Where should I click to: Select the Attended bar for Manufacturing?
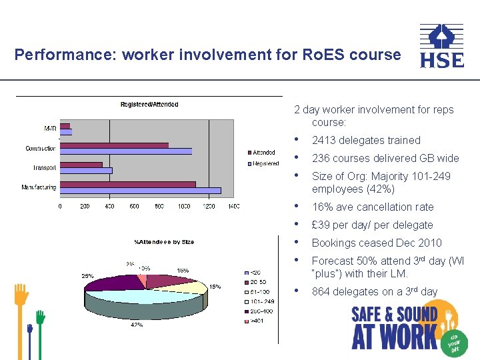coord(127,184)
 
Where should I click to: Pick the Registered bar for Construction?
coord(126,151)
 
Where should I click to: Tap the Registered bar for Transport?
coord(86,171)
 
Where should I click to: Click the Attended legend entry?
coord(263,153)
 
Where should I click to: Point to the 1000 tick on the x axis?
coord(184,207)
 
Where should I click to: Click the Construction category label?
coord(41,148)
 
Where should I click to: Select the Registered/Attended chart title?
coord(149,105)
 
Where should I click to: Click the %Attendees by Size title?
coord(164,241)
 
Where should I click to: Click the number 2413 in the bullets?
coord(323,141)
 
